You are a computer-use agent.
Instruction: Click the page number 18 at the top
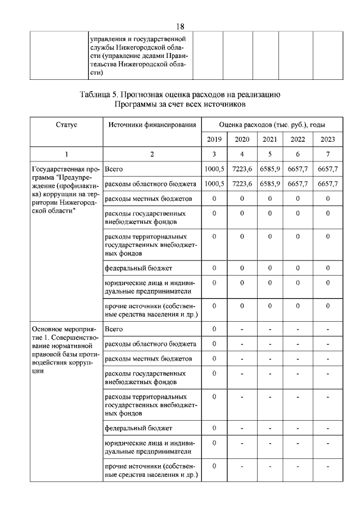pyautogui.click(x=180, y=26)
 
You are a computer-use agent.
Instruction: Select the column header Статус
pyautogui.click(x=66, y=124)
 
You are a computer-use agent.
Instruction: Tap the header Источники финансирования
pyautogui.click(x=151, y=124)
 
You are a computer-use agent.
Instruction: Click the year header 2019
pyautogui.click(x=214, y=139)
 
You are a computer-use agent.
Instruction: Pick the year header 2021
pyautogui.click(x=269, y=139)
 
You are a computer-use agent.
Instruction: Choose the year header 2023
pyautogui.click(x=327, y=139)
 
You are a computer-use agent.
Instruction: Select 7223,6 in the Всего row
pyautogui.click(x=241, y=169)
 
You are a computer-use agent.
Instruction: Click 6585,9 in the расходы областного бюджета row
pyautogui.click(x=269, y=184)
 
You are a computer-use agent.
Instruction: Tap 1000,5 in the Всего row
pyautogui.click(x=214, y=169)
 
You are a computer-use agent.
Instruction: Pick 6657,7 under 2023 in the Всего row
pyautogui.click(x=327, y=169)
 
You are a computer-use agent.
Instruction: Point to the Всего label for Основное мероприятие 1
pyautogui.click(x=114, y=328)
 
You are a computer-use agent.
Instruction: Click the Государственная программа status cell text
pyautogui.click(x=65, y=189)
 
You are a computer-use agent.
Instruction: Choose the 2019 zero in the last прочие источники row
pyautogui.click(x=214, y=466)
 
